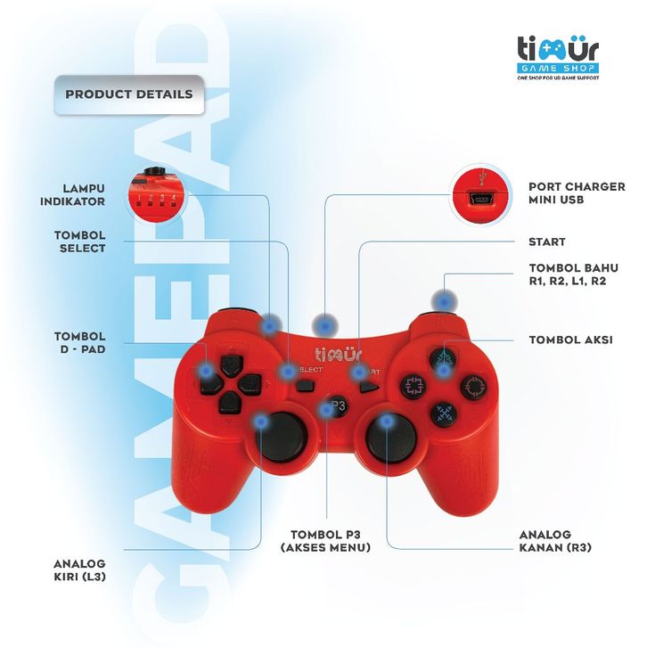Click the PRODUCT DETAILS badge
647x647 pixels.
click(x=129, y=94)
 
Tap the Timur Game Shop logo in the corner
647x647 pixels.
click(x=558, y=57)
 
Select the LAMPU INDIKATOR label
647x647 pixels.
click(x=72, y=195)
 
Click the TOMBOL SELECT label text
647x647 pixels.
click(x=80, y=242)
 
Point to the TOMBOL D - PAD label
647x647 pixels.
click(x=80, y=342)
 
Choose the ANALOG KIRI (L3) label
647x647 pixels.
click(x=79, y=569)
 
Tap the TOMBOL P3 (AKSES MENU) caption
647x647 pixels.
click(x=325, y=541)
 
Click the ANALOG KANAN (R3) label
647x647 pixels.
click(x=555, y=541)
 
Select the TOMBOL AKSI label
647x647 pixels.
click(x=570, y=340)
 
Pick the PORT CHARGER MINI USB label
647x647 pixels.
click(x=577, y=193)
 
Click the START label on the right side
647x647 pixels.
click(x=546, y=242)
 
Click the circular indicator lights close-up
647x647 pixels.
click(x=157, y=196)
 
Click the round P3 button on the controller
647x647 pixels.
click(x=335, y=406)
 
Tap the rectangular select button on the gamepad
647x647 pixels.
click(x=305, y=386)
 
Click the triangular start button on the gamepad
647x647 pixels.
click(x=368, y=387)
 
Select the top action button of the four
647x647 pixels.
click(x=443, y=358)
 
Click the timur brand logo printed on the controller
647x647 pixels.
click(x=339, y=355)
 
